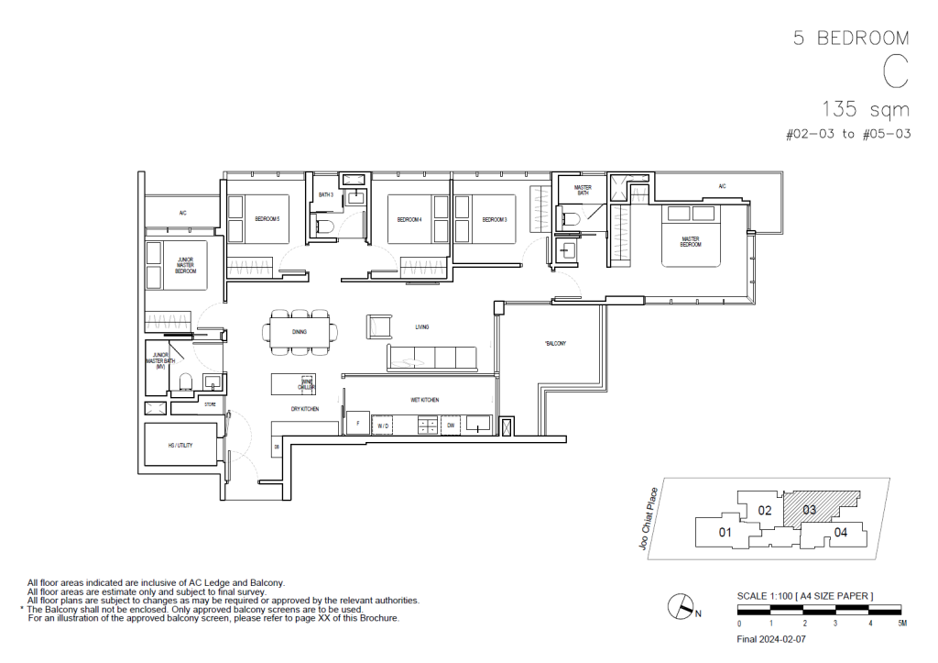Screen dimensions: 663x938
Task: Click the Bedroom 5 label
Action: click(x=267, y=219)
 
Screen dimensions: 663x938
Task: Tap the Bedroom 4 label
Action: click(x=409, y=219)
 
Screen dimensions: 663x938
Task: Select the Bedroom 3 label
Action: click(x=495, y=219)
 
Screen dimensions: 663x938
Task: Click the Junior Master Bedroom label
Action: click(x=186, y=266)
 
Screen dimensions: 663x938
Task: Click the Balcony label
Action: click(x=555, y=344)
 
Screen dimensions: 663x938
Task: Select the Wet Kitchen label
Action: click(x=424, y=401)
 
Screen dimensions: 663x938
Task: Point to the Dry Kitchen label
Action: click(x=304, y=409)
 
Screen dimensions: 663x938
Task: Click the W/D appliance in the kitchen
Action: click(x=383, y=425)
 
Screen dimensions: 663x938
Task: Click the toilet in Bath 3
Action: click(x=324, y=226)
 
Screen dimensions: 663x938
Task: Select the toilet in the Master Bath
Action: click(x=571, y=218)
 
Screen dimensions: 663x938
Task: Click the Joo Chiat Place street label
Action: click(x=651, y=519)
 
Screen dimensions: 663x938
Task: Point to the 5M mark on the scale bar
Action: click(x=901, y=623)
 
